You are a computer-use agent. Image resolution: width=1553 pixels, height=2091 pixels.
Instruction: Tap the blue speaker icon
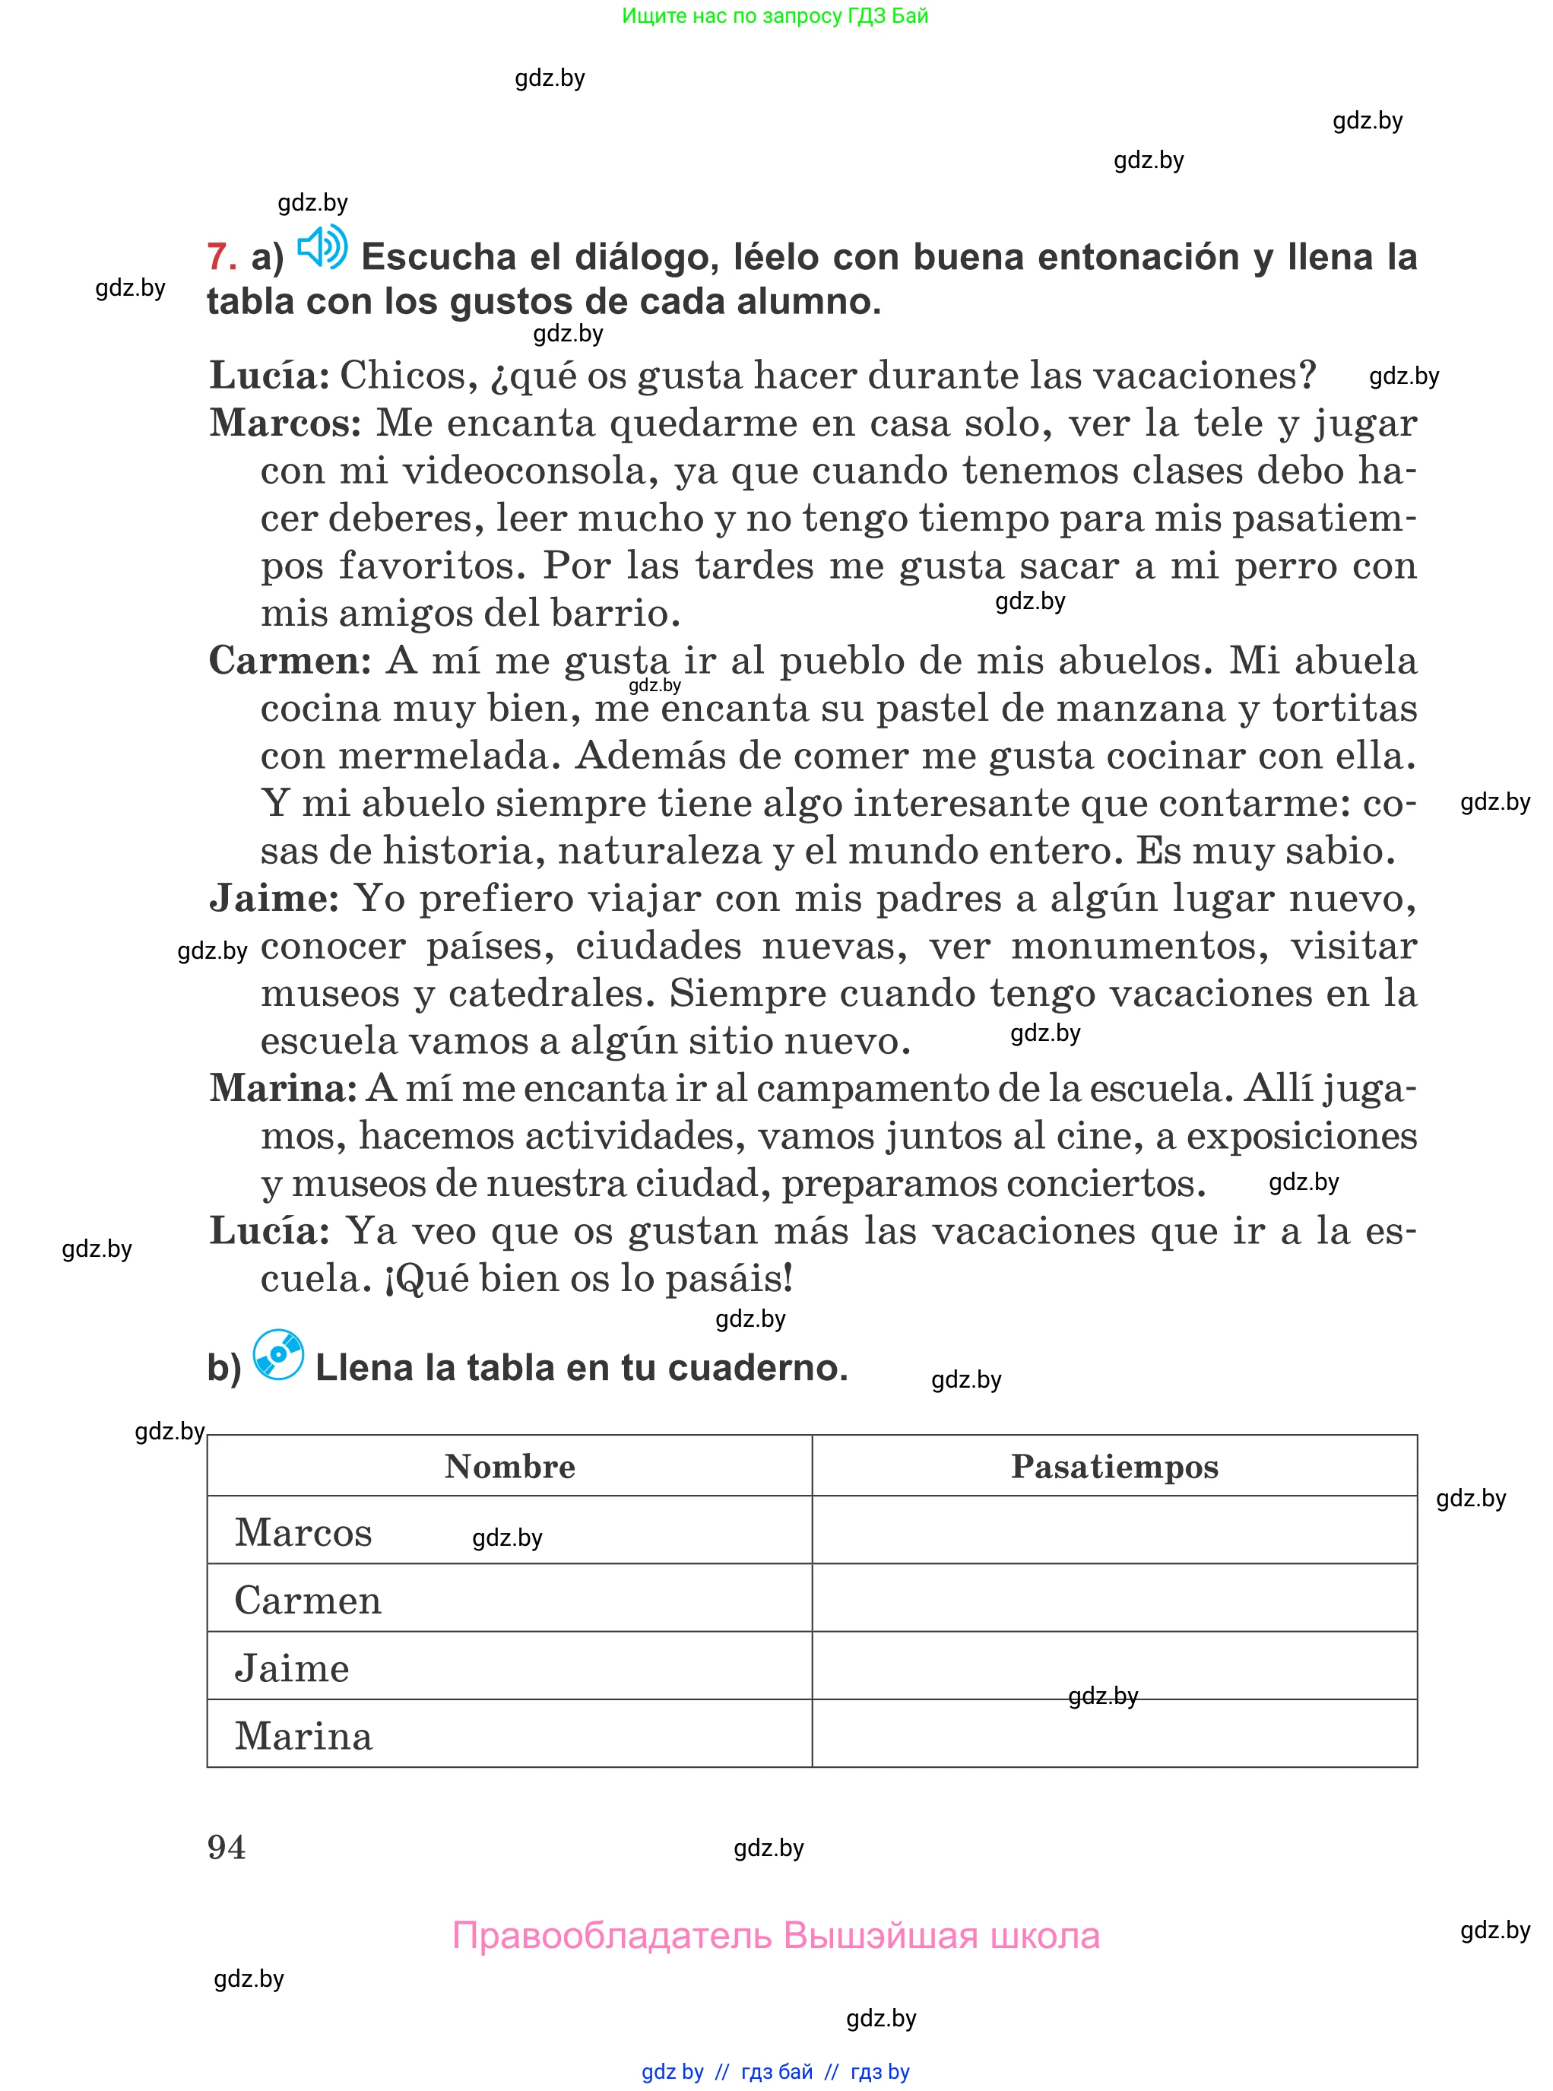(322, 247)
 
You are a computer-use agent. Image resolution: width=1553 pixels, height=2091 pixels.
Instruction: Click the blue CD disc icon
(278, 1355)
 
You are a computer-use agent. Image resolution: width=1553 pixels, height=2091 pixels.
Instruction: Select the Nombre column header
(509, 1467)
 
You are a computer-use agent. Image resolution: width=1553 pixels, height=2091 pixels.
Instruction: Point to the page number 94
(227, 1848)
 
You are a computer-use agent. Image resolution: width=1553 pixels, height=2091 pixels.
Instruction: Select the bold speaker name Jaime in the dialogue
(274, 898)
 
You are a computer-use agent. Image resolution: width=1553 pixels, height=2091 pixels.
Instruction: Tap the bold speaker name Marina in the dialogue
(283, 1088)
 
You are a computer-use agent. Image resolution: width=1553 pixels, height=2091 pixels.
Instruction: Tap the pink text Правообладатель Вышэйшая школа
(775, 1936)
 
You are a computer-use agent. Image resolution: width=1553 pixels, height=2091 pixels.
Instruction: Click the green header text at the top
(775, 16)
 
